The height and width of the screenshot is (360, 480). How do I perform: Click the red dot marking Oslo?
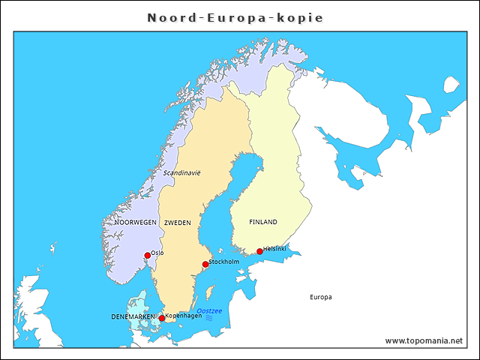(148, 256)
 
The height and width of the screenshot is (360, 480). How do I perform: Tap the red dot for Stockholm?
(205, 264)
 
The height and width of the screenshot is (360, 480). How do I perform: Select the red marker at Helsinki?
(260, 251)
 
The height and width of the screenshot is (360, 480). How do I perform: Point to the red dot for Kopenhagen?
(162, 319)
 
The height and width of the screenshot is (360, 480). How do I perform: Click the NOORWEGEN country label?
(136, 223)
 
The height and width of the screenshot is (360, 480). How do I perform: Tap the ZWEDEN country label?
(178, 223)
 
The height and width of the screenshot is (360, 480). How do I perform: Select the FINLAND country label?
(263, 222)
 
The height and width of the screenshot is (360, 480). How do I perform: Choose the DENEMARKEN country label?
(133, 316)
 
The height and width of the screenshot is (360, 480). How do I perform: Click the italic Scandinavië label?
(182, 172)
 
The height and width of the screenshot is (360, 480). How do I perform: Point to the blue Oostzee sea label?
(209, 310)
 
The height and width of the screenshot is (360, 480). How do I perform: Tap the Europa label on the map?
(320, 297)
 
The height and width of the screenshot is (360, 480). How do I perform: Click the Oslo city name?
(157, 253)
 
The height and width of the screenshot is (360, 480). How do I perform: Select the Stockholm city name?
(223, 261)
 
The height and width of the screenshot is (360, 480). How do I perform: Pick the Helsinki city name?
(275, 248)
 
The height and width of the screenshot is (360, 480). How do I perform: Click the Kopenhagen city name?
(184, 316)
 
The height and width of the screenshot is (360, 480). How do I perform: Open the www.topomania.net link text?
(424, 340)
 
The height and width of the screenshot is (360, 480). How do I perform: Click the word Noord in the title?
(170, 17)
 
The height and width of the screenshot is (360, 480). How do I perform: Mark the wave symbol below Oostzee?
(209, 318)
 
